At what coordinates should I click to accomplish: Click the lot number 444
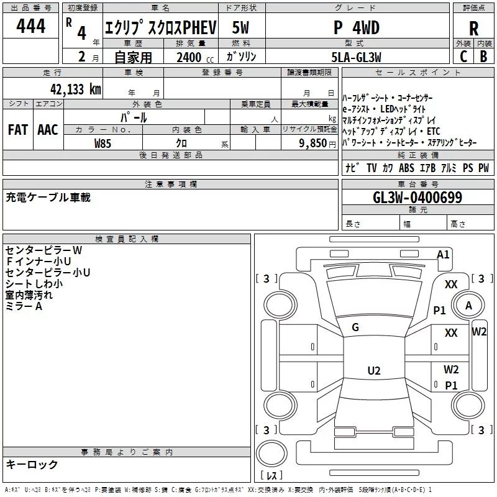coord(30,25)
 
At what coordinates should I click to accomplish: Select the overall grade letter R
coord(473,29)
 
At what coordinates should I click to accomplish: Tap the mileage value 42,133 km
coord(75,89)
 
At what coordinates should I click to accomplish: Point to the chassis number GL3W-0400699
coord(417,198)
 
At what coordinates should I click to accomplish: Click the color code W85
coord(103,144)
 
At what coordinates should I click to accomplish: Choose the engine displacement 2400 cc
coord(195,57)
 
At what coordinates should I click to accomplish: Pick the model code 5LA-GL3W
coord(356,57)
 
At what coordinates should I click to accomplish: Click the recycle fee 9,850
coord(313,144)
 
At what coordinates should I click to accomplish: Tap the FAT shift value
coord(18,130)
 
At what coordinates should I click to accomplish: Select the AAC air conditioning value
coord(48,130)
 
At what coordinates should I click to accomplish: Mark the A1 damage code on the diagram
coord(443,255)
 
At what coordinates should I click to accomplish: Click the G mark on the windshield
coord(355,327)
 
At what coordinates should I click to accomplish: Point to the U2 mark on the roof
coord(374,370)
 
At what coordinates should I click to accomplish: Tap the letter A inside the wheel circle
coord(468,306)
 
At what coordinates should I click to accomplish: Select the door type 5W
coord(240,27)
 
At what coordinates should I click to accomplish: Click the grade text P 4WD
coord(357,28)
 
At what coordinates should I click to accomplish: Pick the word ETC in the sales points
coord(433,131)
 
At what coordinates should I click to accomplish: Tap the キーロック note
coord(32,464)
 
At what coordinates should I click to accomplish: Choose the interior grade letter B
coord(483,57)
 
